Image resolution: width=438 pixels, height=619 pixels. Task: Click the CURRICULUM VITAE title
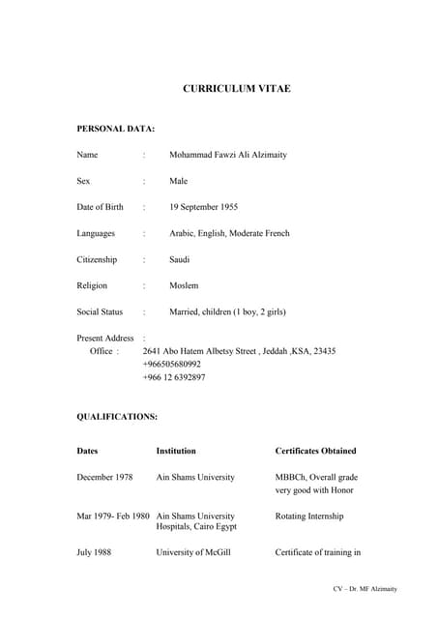pyautogui.click(x=236, y=89)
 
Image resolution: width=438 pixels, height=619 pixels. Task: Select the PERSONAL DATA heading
pyautogui.click(x=115, y=129)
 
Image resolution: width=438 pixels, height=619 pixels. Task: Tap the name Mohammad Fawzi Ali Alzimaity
pyautogui.click(x=227, y=155)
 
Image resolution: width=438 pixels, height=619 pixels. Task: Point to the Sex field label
pyautogui.click(x=84, y=181)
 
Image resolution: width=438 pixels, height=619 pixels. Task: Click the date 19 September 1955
pyautogui.click(x=203, y=207)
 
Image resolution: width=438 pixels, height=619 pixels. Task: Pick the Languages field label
pyautogui.click(x=96, y=233)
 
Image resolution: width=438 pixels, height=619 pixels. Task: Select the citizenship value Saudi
pyautogui.click(x=180, y=259)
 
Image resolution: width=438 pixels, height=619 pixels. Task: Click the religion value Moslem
pyautogui.click(x=184, y=285)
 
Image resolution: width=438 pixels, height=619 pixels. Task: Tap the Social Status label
pyautogui.click(x=100, y=311)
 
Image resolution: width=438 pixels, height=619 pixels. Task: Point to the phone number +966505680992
pyautogui.click(x=172, y=365)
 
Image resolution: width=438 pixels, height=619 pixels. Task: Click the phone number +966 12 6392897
pyautogui.click(x=174, y=378)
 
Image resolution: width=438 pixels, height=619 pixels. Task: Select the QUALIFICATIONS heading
pyautogui.click(x=117, y=417)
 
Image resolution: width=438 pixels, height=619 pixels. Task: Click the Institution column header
pyautogui.click(x=176, y=451)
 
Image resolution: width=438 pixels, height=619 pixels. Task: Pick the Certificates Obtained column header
pyautogui.click(x=315, y=451)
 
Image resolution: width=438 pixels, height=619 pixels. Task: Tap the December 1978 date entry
pyautogui.click(x=104, y=477)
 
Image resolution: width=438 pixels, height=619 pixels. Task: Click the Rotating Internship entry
pyautogui.click(x=309, y=516)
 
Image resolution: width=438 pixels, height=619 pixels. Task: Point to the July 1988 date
pyautogui.click(x=94, y=552)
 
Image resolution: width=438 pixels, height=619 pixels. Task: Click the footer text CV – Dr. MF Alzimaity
pyautogui.click(x=365, y=589)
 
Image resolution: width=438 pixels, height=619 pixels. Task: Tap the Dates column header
pyautogui.click(x=87, y=451)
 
